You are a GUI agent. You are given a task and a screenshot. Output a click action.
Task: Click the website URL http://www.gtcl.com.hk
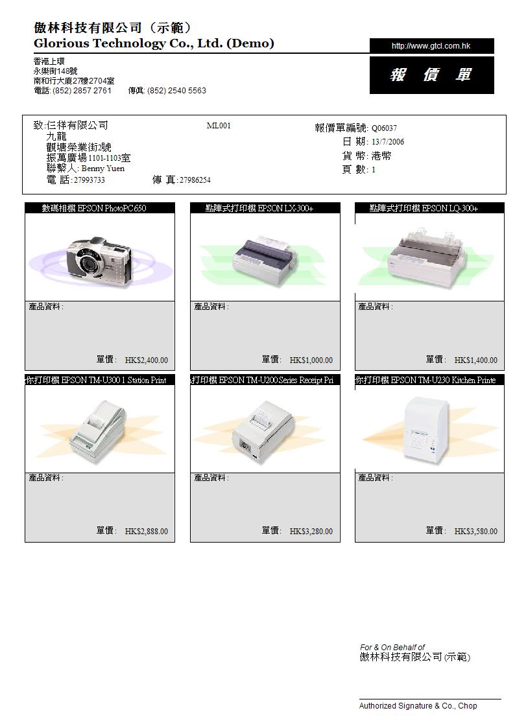(x=431, y=46)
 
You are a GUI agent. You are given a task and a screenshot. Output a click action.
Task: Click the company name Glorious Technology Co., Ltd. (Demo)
(x=154, y=43)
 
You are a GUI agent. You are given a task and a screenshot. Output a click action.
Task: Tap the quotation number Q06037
(x=384, y=128)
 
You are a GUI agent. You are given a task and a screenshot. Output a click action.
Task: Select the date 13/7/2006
(x=388, y=142)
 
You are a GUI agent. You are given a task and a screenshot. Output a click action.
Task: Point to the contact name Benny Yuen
(x=102, y=169)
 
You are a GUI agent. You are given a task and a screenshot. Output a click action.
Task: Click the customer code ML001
(x=219, y=125)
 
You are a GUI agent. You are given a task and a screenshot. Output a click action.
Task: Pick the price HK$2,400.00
(x=147, y=360)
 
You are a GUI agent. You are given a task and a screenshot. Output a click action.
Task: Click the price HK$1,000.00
(x=311, y=360)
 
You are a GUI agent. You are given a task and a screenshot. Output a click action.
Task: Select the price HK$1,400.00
(x=475, y=360)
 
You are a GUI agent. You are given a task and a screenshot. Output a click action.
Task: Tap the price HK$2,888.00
(x=147, y=532)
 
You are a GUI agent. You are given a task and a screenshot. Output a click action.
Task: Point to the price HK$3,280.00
(x=311, y=532)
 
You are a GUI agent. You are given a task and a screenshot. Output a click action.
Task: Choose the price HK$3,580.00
(x=475, y=532)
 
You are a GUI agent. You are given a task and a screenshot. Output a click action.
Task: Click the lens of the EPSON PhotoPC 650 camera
(x=88, y=264)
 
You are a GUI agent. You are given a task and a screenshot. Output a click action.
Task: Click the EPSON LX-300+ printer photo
(x=265, y=261)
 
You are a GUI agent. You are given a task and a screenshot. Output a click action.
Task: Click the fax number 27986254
(x=195, y=180)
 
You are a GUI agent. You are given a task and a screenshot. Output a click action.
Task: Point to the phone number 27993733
(x=89, y=180)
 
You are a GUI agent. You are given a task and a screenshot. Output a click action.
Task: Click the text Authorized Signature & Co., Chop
(x=418, y=706)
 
